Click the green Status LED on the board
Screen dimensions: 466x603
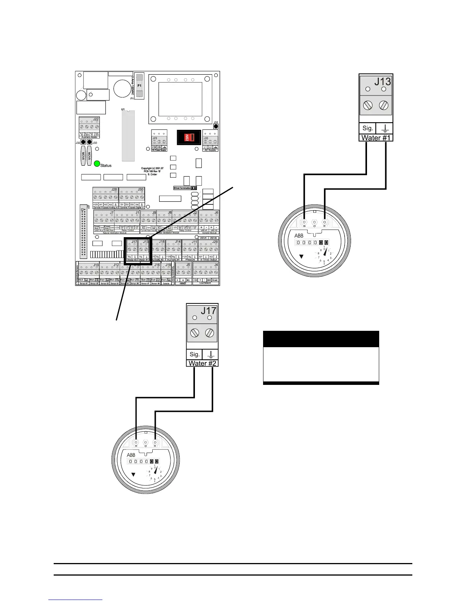coord(97,165)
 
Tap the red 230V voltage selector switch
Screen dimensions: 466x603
coord(188,137)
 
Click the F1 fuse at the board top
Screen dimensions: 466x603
coord(139,86)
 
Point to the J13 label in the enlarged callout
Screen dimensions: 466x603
coord(382,81)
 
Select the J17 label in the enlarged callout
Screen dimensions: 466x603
coord(209,310)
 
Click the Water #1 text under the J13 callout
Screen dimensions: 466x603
coord(376,137)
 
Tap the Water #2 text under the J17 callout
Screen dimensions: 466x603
coord(202,363)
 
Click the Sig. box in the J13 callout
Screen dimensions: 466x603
coord(367,128)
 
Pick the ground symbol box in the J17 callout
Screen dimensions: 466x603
coord(210,354)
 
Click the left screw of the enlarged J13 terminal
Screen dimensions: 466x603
coord(368,105)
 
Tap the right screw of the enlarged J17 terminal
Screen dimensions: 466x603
coord(209,333)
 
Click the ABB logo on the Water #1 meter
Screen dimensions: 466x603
coord(299,236)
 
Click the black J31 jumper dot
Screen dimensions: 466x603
coord(216,126)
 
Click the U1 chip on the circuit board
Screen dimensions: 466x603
coord(128,136)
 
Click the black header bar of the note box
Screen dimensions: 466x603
coord(321,339)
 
